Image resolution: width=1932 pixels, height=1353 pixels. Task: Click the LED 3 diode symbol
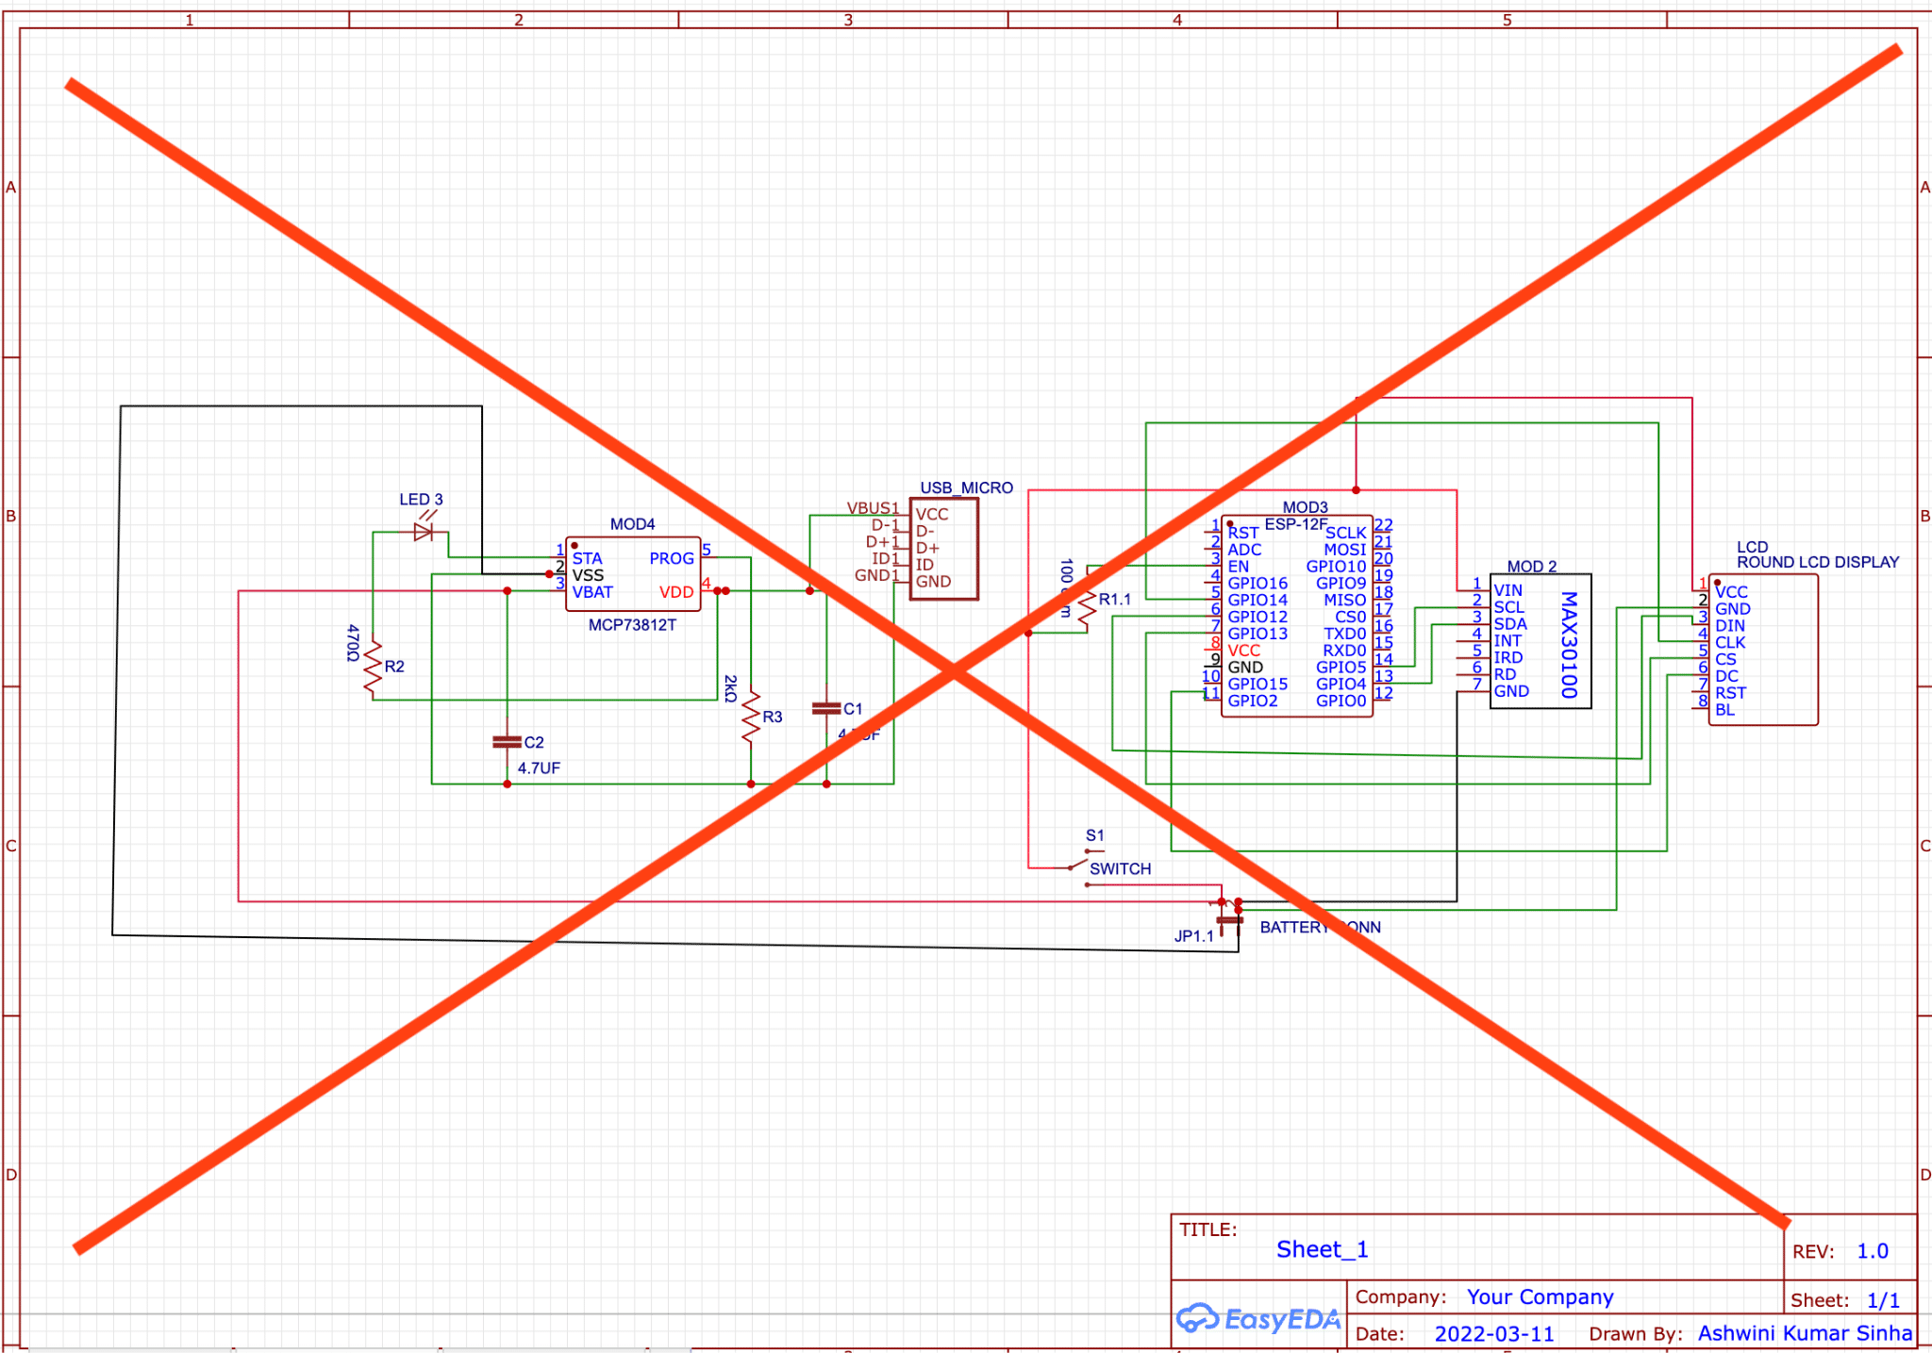coord(424,533)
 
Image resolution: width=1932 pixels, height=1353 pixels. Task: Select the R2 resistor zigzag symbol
coord(373,668)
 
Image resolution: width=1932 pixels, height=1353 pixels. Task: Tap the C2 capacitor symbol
coord(507,743)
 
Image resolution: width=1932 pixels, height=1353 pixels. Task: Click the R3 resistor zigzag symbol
coord(751,717)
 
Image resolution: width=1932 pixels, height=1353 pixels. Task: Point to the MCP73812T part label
coord(632,625)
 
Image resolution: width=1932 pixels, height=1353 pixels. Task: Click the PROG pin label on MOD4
coord(671,558)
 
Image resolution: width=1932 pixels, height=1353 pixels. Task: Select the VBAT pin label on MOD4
coord(592,592)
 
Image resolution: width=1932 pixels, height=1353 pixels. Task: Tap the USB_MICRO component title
coord(966,487)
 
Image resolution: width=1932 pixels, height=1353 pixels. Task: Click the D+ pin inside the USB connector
coord(927,548)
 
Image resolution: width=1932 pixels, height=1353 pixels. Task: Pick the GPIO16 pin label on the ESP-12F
coord(1257,583)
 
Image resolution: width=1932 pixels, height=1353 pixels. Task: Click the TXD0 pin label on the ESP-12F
coord(1344,634)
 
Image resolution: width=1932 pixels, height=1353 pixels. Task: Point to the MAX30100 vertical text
coord(1569,644)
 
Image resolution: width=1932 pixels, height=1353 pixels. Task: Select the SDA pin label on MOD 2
coord(1510,624)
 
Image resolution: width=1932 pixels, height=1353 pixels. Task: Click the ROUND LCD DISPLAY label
coord(1818,562)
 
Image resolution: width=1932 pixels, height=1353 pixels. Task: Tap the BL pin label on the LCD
coord(1724,710)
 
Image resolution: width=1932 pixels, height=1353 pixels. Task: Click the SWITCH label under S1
coord(1120,868)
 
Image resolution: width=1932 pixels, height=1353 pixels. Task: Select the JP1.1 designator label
coord(1193,936)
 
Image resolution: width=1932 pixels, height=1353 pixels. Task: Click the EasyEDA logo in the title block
coord(1258,1318)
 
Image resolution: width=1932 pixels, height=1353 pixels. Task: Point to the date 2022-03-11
coord(1494,1334)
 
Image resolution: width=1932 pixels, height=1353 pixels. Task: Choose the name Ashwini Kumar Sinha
coord(1805,1333)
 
